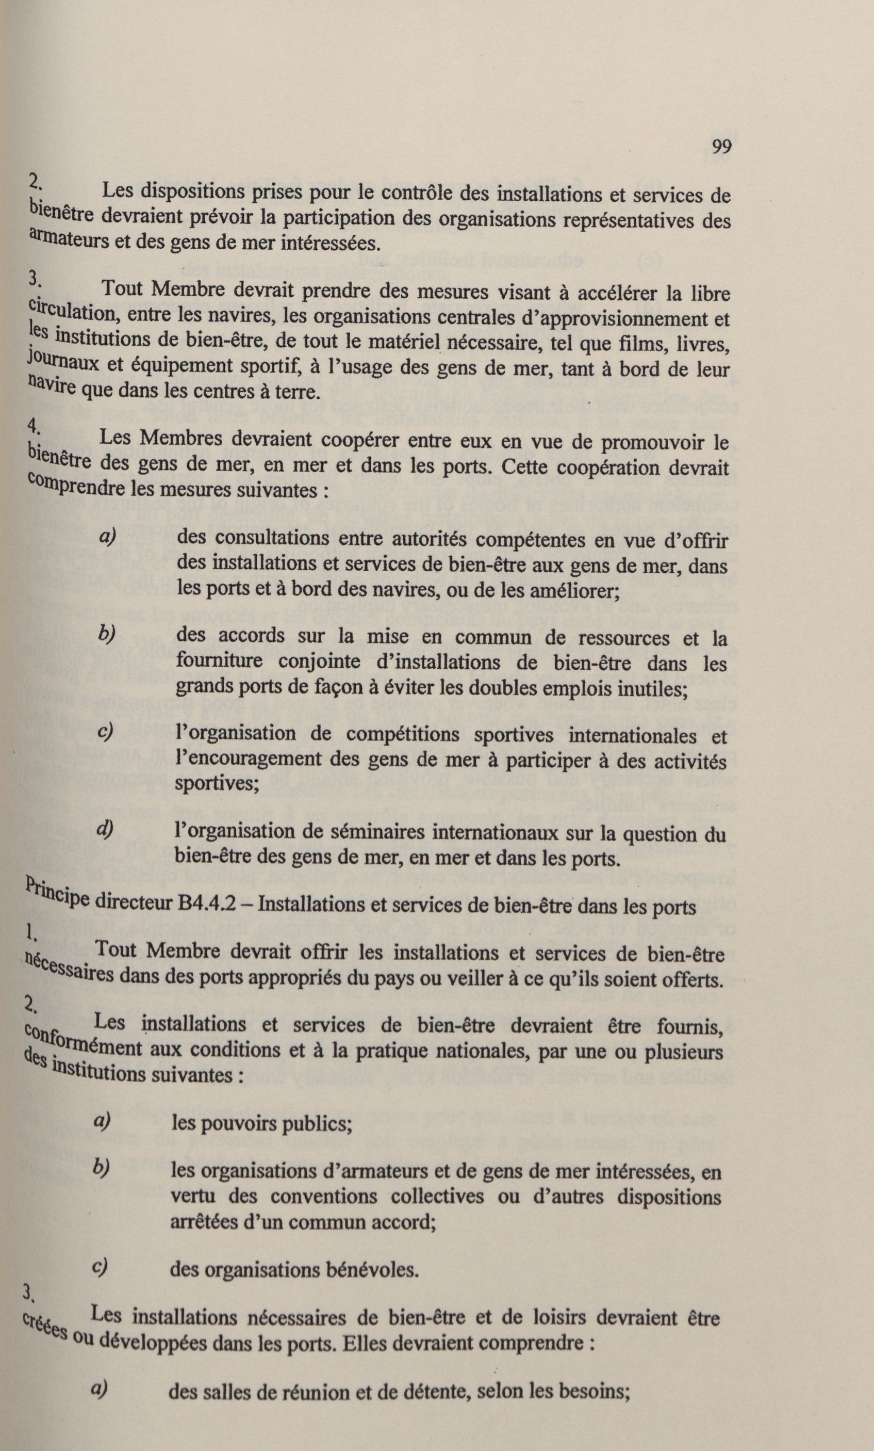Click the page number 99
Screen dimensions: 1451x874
(x=720, y=145)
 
